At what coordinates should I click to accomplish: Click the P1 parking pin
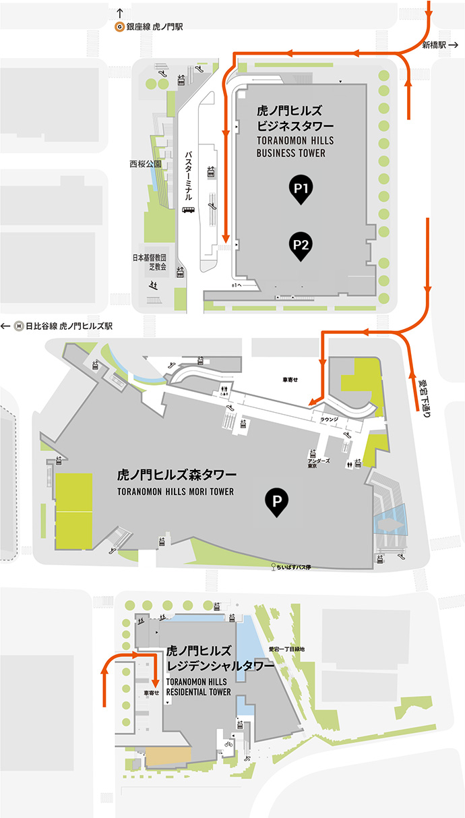click(301, 189)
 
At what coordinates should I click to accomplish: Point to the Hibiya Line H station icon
click(19, 326)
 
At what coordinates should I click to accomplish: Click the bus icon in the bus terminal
click(189, 210)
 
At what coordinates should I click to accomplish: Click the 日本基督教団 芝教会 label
click(149, 262)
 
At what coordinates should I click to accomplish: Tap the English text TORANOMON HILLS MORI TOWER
click(175, 492)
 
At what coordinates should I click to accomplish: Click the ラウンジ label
click(329, 419)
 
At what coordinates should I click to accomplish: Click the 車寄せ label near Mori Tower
click(290, 380)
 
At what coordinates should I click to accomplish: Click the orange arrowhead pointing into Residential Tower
click(155, 699)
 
